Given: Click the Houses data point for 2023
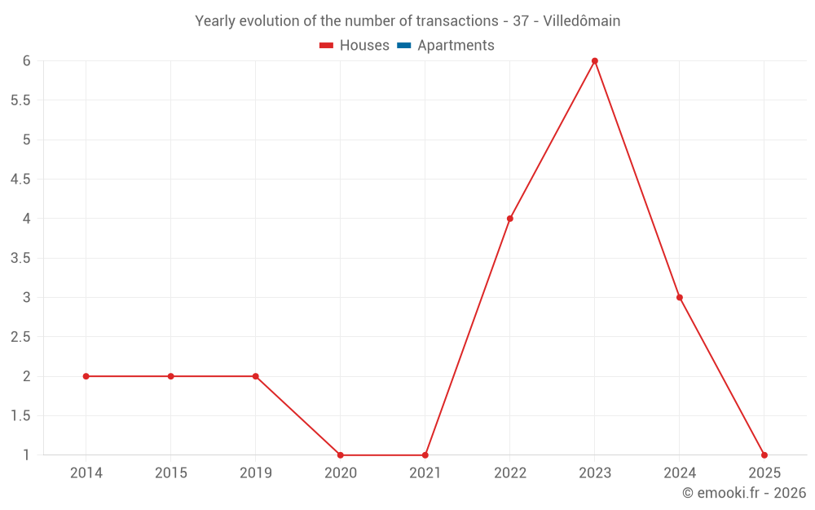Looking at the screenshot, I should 595,61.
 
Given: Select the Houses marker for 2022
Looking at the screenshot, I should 510,219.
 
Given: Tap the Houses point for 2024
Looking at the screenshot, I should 680,298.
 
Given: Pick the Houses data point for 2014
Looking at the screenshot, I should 86,376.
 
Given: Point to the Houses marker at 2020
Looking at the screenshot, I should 341,455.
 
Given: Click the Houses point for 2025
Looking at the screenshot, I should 764,455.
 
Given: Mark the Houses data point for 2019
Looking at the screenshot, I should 256,376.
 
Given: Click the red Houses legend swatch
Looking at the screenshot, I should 327,46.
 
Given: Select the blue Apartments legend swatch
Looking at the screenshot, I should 404,46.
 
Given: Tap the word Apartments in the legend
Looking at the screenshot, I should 456,46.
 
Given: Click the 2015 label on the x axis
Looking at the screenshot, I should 171,472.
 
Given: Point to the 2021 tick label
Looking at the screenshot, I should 425,472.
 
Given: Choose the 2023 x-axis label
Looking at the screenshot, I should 595,472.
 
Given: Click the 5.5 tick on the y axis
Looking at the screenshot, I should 20,100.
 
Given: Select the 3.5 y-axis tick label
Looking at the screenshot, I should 20,258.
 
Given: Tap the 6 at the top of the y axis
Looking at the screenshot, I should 27,61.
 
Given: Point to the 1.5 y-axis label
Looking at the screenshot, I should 20,416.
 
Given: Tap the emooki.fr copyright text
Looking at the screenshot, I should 744,493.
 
